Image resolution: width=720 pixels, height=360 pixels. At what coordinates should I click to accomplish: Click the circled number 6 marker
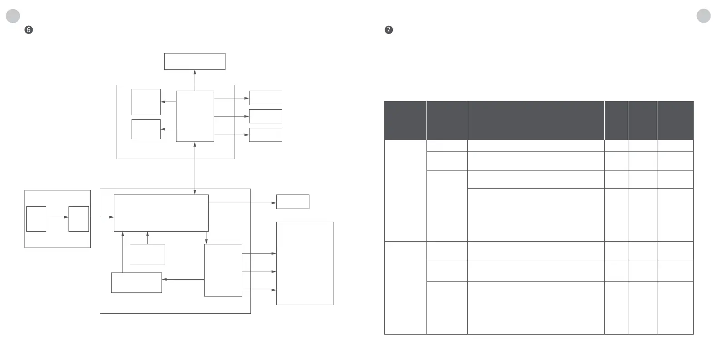29,30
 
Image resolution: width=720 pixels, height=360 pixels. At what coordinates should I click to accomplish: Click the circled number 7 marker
388,30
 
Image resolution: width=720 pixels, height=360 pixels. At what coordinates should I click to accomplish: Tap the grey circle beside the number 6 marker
13,16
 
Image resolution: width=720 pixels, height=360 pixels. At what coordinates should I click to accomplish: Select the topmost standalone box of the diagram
195,61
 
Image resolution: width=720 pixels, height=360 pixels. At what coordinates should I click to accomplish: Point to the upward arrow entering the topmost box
195,77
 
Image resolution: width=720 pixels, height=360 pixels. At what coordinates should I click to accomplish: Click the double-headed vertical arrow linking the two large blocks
195,168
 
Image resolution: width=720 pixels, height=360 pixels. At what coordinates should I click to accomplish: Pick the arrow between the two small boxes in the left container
57,217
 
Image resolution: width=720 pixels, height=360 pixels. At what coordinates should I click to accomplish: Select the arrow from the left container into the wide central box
101,217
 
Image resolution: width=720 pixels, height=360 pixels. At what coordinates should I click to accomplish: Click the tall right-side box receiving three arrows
304,263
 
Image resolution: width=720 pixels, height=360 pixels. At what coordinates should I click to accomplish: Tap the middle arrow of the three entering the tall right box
259,272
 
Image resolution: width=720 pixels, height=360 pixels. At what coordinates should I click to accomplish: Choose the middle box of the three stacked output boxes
265,116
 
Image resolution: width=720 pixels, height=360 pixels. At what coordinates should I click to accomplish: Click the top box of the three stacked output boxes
265,97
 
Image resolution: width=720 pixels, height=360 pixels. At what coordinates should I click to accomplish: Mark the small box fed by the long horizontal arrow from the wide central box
293,202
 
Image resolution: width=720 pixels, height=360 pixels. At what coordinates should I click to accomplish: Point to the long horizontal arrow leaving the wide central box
242,203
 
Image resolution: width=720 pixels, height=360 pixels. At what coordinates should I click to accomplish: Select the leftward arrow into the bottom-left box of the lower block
183,279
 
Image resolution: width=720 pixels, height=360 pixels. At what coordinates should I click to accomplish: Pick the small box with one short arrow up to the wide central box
147,254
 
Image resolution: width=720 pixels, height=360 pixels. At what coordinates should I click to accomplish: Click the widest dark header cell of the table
536,121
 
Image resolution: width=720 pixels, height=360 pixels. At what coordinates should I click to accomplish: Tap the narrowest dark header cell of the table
616,121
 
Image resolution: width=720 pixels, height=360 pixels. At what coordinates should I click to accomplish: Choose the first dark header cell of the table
405,121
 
